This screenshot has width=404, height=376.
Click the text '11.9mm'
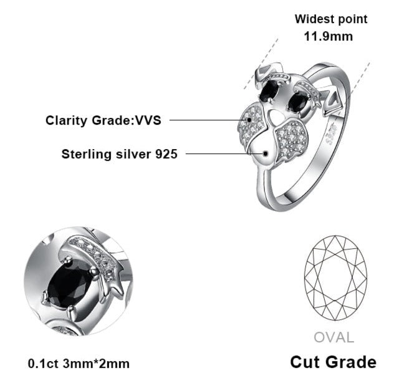click(x=328, y=36)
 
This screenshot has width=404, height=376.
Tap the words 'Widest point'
click(x=331, y=19)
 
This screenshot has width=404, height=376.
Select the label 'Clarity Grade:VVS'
click(x=103, y=120)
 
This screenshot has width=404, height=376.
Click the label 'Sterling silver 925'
click(x=119, y=153)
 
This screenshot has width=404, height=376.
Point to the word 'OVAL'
click(x=334, y=338)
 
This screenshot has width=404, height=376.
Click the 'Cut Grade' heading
click(x=334, y=362)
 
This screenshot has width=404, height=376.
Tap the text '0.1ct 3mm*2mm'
click(x=79, y=363)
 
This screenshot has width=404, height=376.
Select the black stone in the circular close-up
click(x=70, y=284)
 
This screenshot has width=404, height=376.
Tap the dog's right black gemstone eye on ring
click(x=296, y=102)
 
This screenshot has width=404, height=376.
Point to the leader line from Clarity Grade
click(x=206, y=120)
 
